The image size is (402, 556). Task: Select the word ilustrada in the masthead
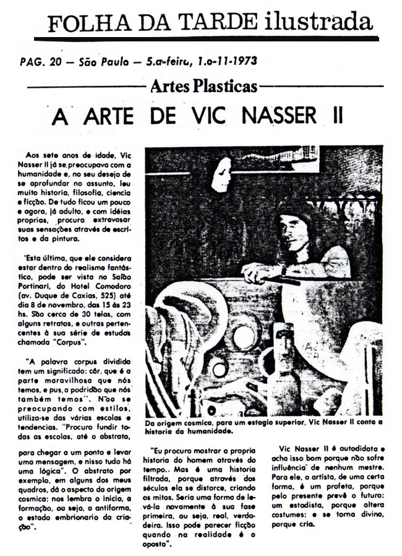click(x=315, y=22)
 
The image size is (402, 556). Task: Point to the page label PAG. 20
click(x=39, y=62)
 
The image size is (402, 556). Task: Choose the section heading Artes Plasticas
click(x=203, y=86)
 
